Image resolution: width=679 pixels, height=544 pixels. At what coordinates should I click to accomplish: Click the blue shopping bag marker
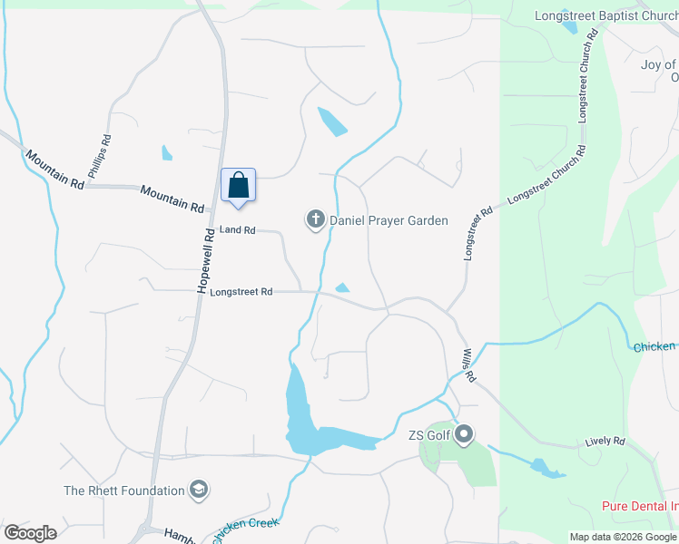click(238, 186)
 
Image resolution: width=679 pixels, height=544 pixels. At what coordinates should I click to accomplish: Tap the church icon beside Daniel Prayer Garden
click(315, 219)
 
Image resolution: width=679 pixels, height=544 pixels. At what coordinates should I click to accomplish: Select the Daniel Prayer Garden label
click(389, 220)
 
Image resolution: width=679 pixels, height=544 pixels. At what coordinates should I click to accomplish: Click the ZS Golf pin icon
click(464, 435)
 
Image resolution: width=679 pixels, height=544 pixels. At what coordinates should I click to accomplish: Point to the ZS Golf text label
click(429, 435)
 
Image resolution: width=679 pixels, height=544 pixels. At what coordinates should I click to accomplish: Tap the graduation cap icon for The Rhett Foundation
click(199, 491)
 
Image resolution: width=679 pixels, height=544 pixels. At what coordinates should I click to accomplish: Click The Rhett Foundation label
click(124, 491)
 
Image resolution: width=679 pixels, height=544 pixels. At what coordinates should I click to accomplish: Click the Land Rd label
click(238, 230)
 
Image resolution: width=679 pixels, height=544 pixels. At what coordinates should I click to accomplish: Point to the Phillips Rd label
click(99, 156)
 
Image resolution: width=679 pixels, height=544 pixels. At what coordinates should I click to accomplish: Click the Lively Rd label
click(605, 442)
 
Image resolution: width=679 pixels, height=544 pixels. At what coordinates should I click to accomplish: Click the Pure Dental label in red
click(640, 506)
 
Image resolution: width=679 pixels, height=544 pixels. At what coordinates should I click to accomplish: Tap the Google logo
click(30, 532)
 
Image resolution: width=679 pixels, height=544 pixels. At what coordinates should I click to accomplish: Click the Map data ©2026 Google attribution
click(623, 537)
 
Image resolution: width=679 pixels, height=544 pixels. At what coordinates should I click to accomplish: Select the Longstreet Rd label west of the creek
click(241, 292)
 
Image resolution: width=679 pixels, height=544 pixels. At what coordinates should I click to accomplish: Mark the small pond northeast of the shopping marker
click(331, 121)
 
